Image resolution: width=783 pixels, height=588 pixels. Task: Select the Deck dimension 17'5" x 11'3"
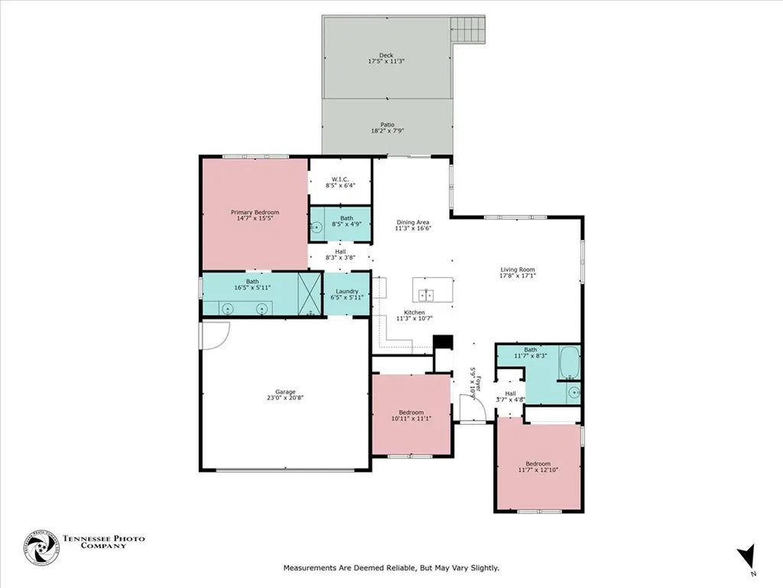point(386,60)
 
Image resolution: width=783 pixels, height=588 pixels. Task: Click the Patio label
point(388,125)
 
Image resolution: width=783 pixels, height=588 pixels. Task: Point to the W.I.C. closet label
point(340,180)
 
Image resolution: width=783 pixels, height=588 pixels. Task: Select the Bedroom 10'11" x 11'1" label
point(411,415)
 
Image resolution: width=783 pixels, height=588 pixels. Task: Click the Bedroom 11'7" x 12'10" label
point(538,466)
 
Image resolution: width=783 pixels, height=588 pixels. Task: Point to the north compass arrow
point(747,557)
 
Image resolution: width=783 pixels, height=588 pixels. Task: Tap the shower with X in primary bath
point(309,296)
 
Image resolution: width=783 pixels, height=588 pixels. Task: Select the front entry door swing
point(475,410)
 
